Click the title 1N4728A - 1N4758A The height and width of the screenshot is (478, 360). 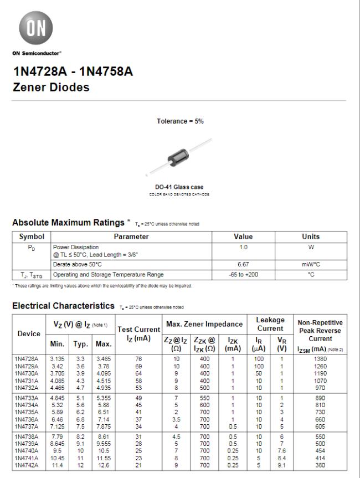coord(73,73)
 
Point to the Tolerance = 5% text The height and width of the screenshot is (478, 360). coord(180,121)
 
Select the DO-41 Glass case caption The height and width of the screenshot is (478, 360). coord(180,188)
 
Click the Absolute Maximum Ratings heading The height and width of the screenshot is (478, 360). coord(68,223)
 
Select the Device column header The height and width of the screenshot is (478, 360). coord(29,333)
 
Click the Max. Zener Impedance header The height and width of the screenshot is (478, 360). coord(203,323)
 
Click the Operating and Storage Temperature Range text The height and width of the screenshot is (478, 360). coord(108,274)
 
